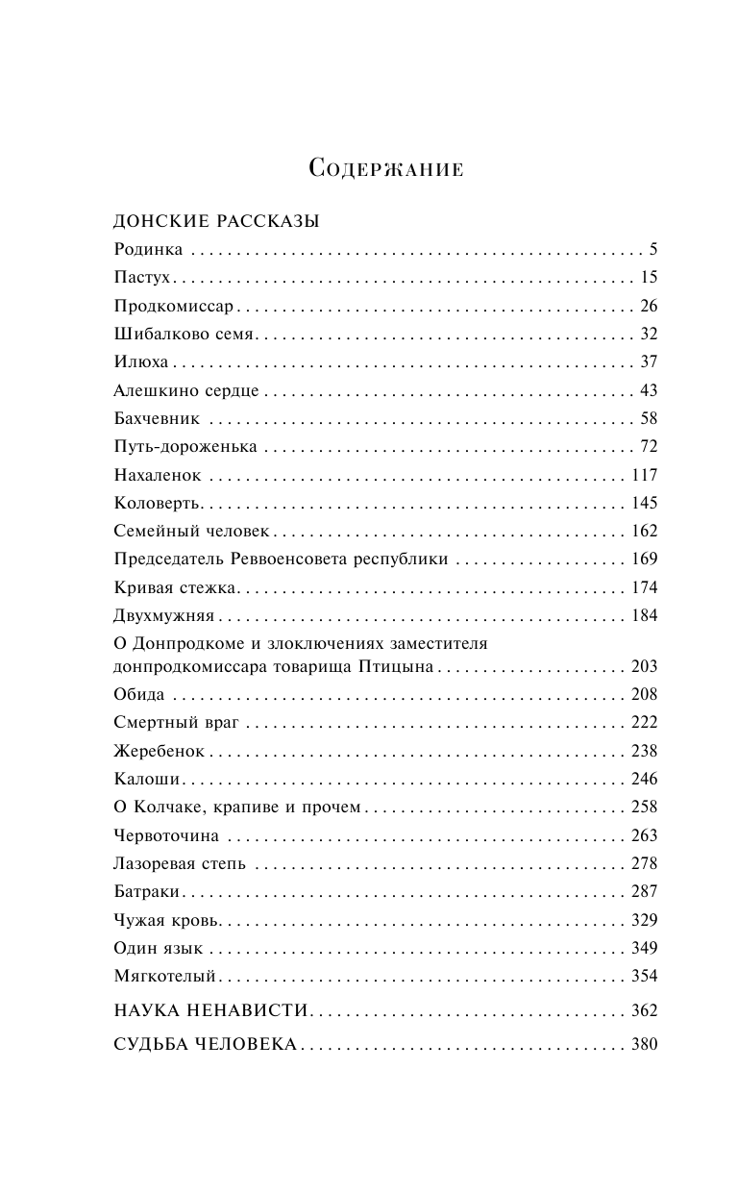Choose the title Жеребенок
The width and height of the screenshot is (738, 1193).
coord(159,750)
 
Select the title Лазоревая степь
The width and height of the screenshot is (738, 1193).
coord(180,862)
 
